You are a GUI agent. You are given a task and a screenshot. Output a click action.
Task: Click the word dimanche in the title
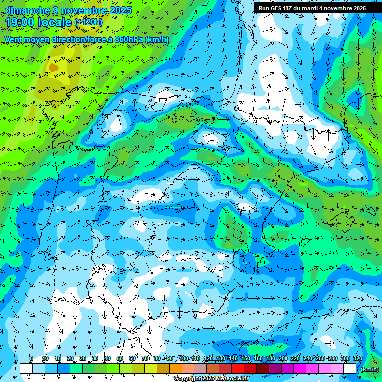click(x=27, y=10)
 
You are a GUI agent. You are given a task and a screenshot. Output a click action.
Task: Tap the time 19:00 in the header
click(x=23, y=22)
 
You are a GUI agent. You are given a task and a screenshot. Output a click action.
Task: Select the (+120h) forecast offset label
click(x=88, y=22)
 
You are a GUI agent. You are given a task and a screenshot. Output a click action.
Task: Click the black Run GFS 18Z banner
click(x=311, y=8)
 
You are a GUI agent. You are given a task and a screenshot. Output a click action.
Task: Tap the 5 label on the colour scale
click(x=31, y=358)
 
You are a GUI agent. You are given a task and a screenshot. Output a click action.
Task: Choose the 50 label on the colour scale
click(x=119, y=358)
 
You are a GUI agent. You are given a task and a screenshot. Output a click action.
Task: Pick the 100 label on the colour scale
click(x=183, y=358)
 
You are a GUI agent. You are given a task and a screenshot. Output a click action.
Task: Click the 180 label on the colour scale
click(x=270, y=358)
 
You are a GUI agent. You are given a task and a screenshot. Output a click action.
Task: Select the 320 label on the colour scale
click(x=357, y=358)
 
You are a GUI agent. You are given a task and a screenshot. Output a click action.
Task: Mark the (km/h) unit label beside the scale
click(x=369, y=369)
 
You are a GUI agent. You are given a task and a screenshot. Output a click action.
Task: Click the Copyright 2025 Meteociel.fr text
click(x=211, y=379)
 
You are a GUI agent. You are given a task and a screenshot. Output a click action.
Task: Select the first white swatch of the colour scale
click(x=26, y=369)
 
